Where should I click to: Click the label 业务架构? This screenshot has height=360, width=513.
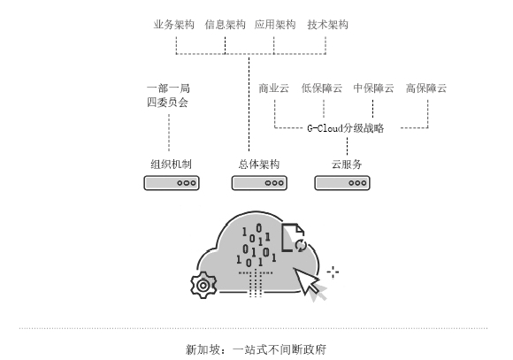[174, 25]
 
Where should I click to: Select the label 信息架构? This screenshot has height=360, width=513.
[225, 25]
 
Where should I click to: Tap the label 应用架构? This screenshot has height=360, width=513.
[275, 25]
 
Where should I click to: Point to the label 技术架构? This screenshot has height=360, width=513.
[327, 25]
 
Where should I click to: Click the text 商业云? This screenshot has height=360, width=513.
[274, 88]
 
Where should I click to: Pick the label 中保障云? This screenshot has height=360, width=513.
[373, 88]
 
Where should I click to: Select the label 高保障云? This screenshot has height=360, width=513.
[426, 88]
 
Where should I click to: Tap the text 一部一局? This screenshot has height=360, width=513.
[169, 88]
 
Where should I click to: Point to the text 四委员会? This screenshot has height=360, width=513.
[169, 103]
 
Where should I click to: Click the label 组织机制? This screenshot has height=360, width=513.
[172, 165]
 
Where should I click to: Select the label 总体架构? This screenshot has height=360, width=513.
[258, 165]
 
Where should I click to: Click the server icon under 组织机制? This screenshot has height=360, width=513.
[172, 183]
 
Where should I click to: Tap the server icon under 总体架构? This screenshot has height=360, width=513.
[258, 183]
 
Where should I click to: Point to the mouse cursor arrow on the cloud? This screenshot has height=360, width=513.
[310, 281]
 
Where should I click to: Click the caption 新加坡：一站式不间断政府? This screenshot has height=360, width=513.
[256, 349]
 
